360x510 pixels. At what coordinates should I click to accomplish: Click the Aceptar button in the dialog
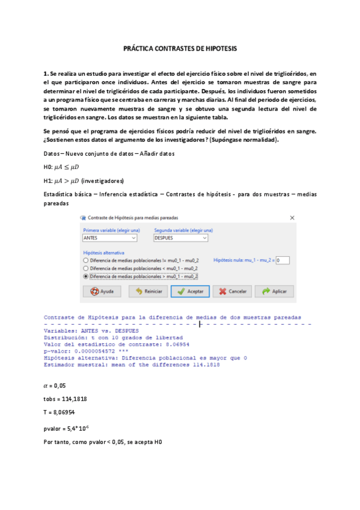(189, 291)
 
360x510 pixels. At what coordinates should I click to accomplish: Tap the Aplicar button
(273, 291)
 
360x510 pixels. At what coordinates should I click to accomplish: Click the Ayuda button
(102, 291)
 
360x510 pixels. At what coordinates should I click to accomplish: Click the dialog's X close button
(292, 217)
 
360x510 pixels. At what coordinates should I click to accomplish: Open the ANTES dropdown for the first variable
(109, 238)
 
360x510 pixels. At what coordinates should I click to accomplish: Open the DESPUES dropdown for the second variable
(181, 238)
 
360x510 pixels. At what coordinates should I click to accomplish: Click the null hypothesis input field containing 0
(282, 260)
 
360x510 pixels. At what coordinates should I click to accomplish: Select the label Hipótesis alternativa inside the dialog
(104, 253)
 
